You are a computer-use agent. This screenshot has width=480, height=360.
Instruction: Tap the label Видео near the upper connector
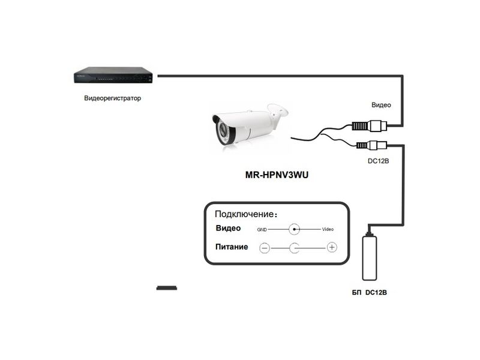(381, 105)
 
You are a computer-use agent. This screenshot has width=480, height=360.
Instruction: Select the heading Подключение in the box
(246, 214)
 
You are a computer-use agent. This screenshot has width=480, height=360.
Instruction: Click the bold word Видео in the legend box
(228, 229)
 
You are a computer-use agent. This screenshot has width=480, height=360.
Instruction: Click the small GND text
(262, 230)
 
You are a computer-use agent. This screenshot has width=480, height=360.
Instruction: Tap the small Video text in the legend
(328, 230)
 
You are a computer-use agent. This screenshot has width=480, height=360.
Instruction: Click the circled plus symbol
(332, 247)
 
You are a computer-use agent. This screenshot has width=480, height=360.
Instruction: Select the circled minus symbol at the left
(265, 247)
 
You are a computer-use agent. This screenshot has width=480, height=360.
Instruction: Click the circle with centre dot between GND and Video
(295, 229)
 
